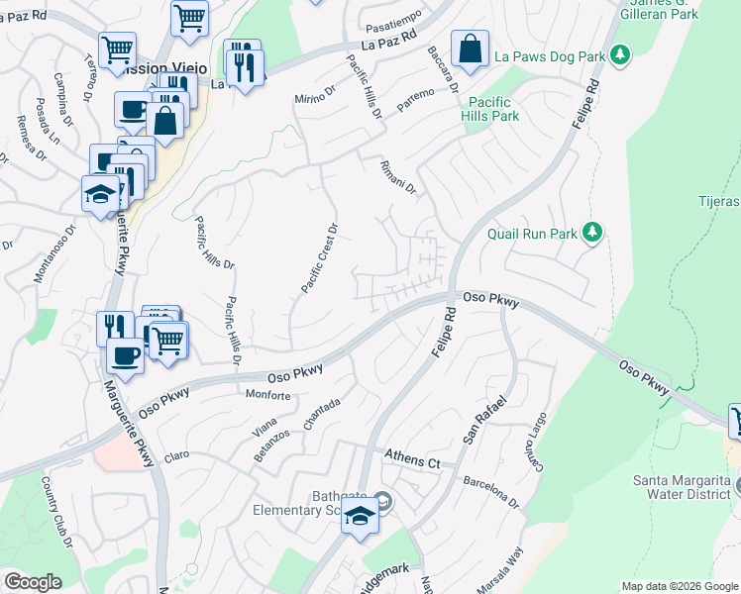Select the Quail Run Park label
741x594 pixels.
coord(532,234)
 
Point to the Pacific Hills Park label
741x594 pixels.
coord(490,109)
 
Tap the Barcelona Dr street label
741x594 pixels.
coord(490,488)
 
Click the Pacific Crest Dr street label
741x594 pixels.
coord(319,257)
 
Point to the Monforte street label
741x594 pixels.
coord(268,395)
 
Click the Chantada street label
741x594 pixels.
coord(322,414)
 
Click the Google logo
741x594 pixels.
coord(32,581)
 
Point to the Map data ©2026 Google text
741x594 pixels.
coord(679,586)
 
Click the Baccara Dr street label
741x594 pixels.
coord(442,66)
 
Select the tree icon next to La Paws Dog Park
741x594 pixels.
coord(620,56)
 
